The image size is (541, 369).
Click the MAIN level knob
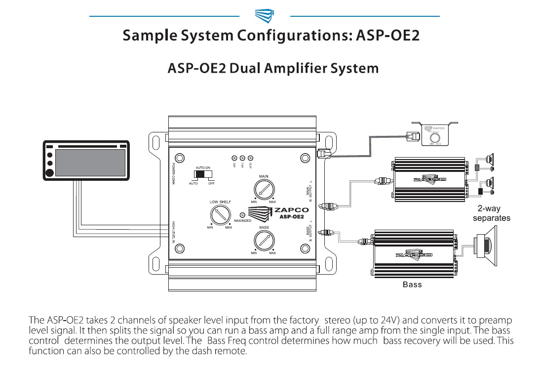point(265,189)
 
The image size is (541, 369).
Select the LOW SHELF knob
point(219,215)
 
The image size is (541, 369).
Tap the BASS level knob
point(264,241)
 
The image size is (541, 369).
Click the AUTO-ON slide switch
point(203,175)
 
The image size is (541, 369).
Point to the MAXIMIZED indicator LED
point(242,215)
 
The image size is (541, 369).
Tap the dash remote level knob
point(435,137)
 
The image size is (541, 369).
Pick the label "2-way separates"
point(491,213)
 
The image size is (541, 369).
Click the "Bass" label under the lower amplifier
point(412,285)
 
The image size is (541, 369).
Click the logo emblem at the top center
point(265,16)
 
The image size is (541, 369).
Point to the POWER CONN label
point(173,174)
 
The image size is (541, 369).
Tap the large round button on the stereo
point(49,173)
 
